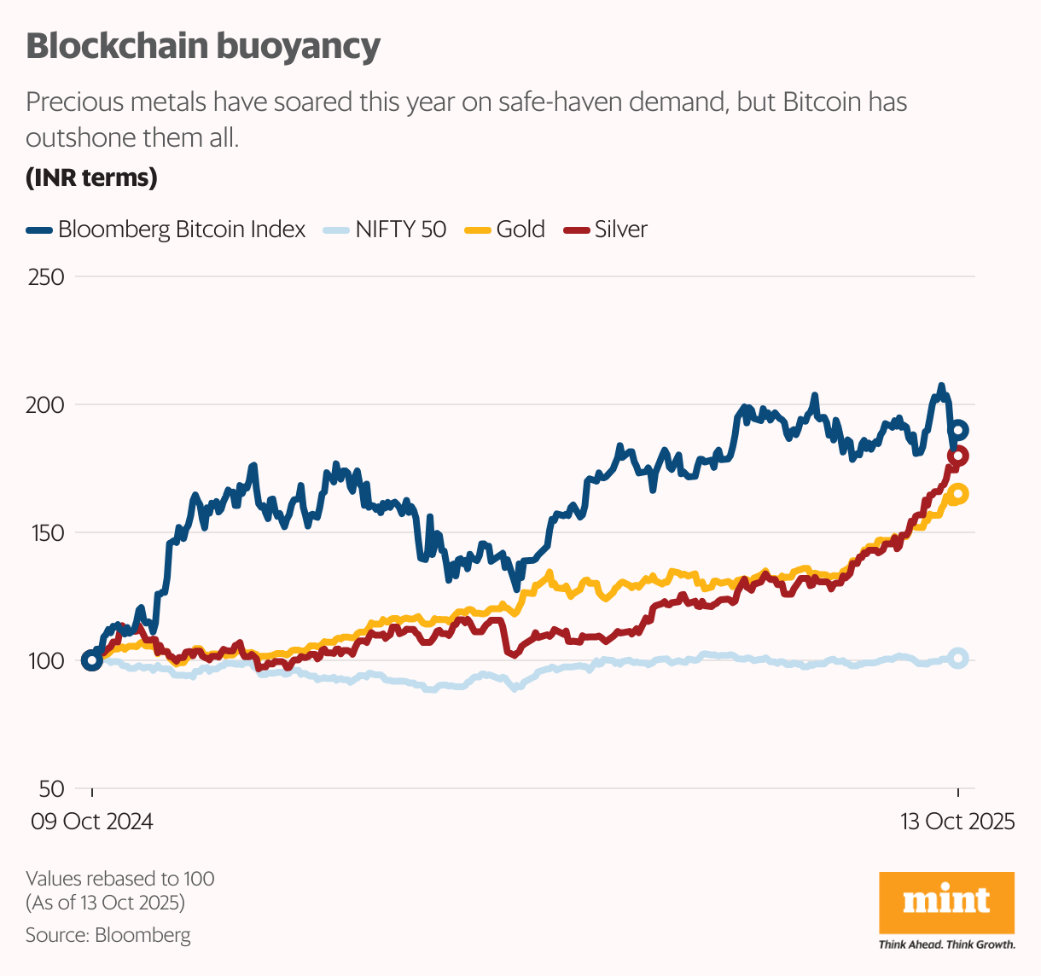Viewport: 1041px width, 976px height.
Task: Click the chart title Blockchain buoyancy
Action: point(203,46)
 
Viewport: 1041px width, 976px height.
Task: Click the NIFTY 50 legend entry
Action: point(385,229)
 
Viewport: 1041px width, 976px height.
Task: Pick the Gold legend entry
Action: point(505,229)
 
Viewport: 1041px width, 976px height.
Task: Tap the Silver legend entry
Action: point(608,229)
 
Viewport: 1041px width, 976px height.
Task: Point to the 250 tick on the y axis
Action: point(46,277)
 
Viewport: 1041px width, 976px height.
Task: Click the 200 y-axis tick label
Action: point(46,405)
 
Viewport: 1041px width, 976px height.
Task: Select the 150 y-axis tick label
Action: point(46,533)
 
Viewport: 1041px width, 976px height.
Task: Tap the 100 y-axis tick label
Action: point(46,661)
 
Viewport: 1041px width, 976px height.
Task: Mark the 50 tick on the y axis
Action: point(50,789)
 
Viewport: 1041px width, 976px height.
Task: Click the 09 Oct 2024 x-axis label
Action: point(92,822)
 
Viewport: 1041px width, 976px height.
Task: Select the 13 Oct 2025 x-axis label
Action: point(957,822)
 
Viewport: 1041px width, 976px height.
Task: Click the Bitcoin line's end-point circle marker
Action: point(958,430)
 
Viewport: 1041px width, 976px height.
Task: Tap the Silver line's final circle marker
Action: point(958,456)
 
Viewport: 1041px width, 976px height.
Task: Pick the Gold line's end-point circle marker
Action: point(958,493)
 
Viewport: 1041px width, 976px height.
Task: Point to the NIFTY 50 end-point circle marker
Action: point(958,658)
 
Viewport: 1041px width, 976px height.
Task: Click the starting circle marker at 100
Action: point(92,660)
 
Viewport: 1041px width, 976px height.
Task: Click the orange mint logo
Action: point(946,903)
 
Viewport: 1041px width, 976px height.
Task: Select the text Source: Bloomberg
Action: point(108,935)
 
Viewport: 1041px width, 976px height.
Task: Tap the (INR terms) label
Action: point(91,177)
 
